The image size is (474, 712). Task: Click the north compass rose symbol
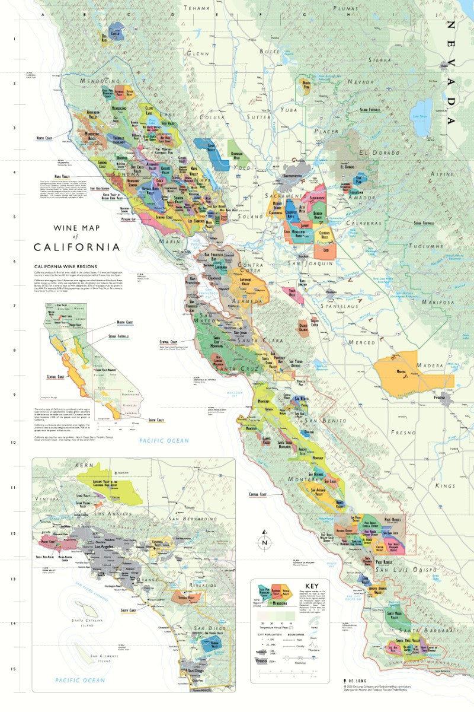click(265, 542)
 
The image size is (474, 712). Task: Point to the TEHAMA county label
click(198, 8)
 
